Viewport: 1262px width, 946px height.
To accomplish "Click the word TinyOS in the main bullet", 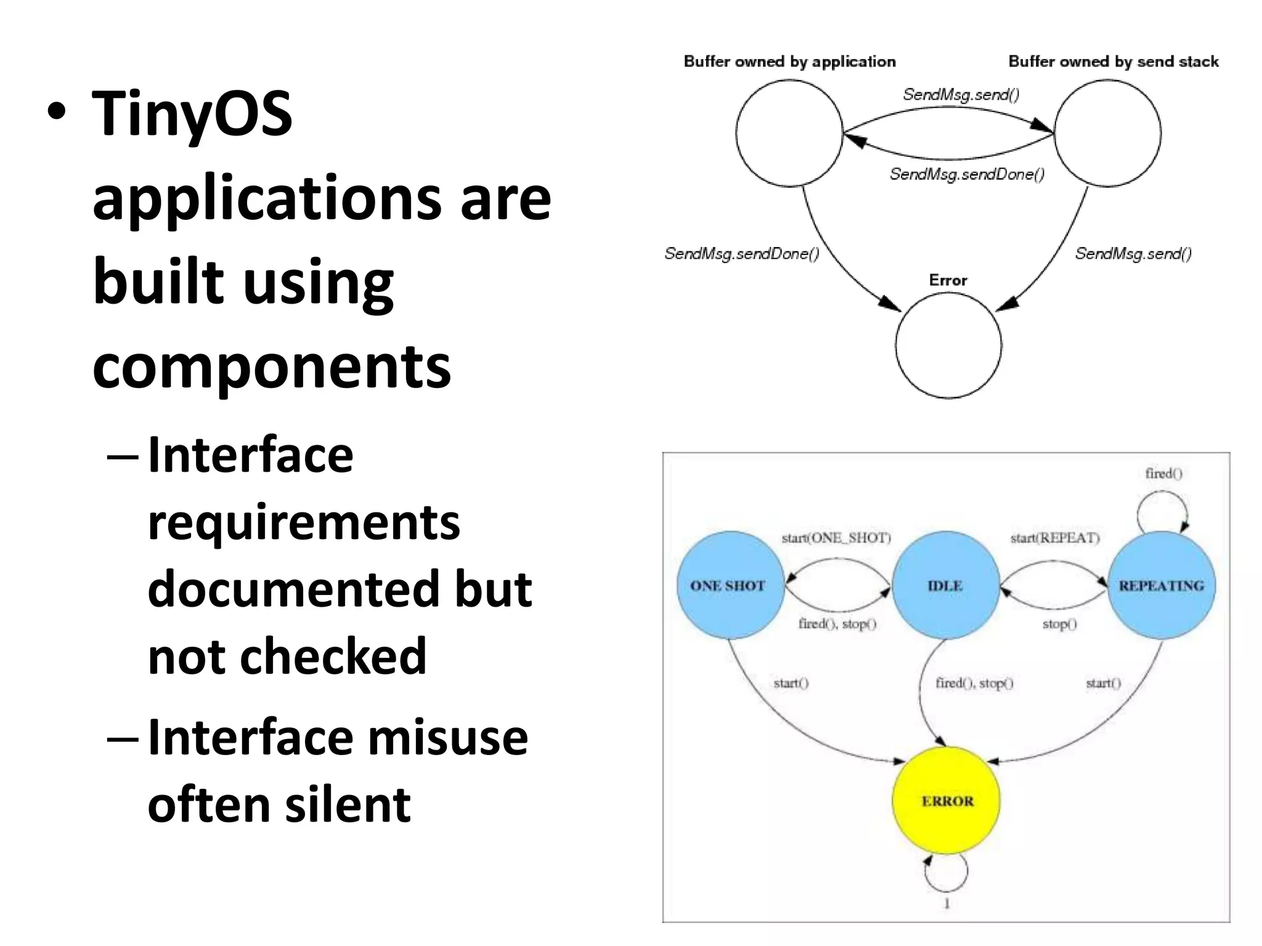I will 192,114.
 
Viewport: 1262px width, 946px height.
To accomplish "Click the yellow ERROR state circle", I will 946,801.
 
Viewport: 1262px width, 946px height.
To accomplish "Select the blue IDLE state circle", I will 945,586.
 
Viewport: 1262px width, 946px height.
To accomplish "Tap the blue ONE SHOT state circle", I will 730,586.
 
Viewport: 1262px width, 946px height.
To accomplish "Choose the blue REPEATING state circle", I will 1162,586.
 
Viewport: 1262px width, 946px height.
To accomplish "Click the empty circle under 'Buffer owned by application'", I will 789,133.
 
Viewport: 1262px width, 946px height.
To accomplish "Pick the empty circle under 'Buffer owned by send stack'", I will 1107,133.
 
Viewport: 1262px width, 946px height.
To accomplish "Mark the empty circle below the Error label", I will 948,346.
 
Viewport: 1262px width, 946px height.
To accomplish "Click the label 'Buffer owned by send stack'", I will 1113,62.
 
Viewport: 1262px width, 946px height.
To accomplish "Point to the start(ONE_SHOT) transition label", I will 836,538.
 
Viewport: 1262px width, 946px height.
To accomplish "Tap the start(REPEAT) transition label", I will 1055,538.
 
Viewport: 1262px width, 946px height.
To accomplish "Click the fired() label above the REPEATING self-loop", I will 1163,474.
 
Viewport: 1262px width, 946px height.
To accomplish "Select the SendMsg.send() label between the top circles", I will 961,95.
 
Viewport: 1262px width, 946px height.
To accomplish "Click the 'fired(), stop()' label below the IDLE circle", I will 974,683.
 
